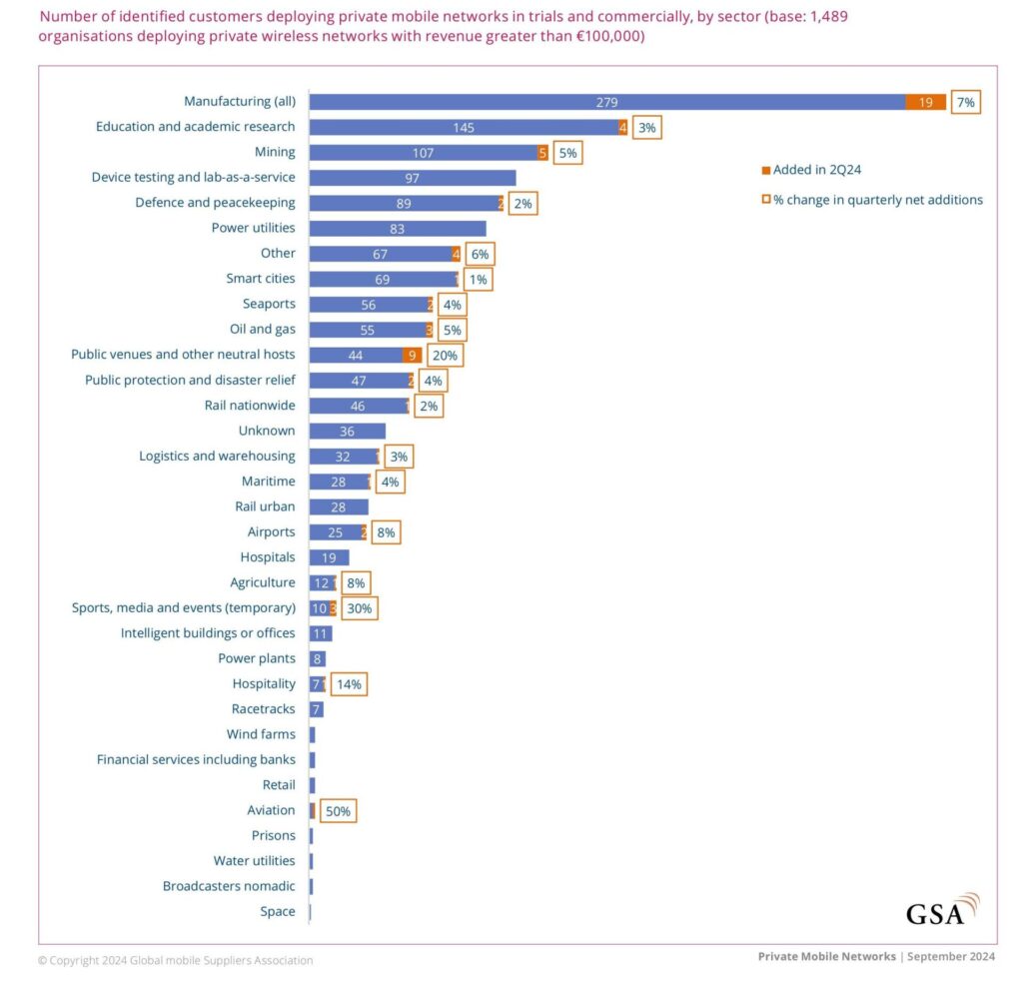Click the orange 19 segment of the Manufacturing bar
click(926, 102)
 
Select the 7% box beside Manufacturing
click(965, 102)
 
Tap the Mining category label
click(275, 152)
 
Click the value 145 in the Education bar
click(463, 127)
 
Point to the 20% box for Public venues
click(445, 355)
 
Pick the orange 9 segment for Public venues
click(412, 355)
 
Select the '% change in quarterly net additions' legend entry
click(871, 200)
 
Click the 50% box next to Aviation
click(338, 810)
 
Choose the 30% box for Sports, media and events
click(359, 607)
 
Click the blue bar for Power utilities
click(397, 228)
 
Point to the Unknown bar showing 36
click(347, 431)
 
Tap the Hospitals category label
click(268, 556)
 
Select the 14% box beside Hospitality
click(348, 684)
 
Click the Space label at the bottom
click(277, 911)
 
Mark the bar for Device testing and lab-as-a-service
click(412, 178)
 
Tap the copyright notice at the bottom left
click(176, 960)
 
